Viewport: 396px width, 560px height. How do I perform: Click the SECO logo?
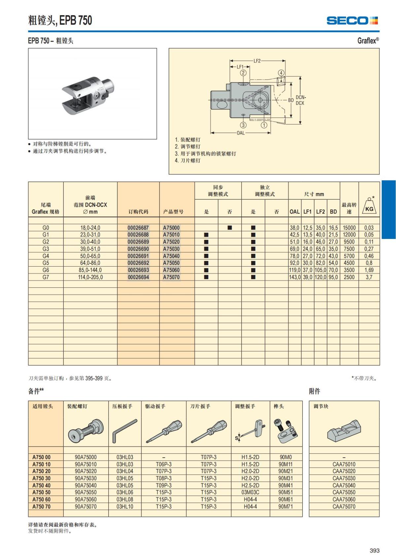[352, 21]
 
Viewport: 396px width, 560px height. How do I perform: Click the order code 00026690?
[138, 249]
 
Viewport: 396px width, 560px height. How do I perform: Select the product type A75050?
[171, 263]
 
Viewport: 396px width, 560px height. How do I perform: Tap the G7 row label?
[46, 277]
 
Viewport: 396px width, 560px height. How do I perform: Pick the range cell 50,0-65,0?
[90, 256]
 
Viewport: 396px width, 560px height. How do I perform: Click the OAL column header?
[294, 212]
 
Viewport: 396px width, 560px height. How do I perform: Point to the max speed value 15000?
[349, 228]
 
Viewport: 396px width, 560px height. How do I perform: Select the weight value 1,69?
[369, 270]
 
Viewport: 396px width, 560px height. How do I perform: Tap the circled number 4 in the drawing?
[281, 73]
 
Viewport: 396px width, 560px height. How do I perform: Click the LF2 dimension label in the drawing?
[257, 61]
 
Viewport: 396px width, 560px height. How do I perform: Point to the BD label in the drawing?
[291, 100]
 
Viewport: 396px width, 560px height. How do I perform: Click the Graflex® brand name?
[368, 41]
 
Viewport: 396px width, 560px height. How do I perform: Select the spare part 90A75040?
[86, 485]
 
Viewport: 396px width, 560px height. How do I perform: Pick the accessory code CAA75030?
[344, 478]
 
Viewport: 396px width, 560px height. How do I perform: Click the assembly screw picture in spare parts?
[86, 431]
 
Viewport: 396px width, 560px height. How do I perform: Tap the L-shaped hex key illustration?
[124, 431]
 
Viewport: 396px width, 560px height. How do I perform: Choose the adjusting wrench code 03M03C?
[250, 492]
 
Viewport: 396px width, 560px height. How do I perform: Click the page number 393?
[375, 550]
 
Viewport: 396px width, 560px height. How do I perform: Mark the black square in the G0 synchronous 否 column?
[230, 228]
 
